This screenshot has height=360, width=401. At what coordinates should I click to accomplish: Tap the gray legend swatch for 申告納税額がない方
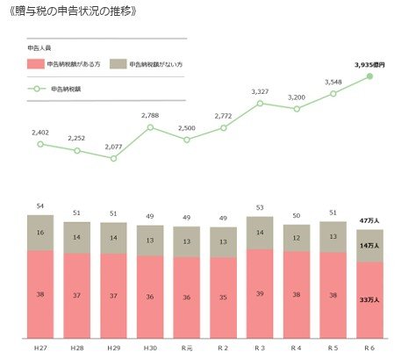point(119,65)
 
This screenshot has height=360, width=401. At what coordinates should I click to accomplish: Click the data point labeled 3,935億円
point(369,76)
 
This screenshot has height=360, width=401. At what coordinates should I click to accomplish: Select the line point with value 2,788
point(150,127)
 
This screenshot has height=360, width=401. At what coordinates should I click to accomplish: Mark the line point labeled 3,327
point(260,104)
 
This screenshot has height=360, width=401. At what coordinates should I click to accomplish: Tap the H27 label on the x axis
point(40,349)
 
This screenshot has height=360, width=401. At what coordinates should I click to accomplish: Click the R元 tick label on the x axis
point(187,349)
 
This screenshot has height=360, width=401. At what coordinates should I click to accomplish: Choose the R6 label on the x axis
point(369,349)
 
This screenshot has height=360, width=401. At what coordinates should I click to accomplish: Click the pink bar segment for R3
point(260,294)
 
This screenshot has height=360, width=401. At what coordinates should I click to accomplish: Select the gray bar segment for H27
point(40,233)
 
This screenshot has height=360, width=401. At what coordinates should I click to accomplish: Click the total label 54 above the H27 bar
point(40,205)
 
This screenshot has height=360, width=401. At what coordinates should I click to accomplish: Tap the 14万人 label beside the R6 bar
point(369,247)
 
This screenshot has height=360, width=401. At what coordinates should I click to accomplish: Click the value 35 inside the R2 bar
point(224,298)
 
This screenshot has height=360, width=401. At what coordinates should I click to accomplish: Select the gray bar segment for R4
point(297,238)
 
